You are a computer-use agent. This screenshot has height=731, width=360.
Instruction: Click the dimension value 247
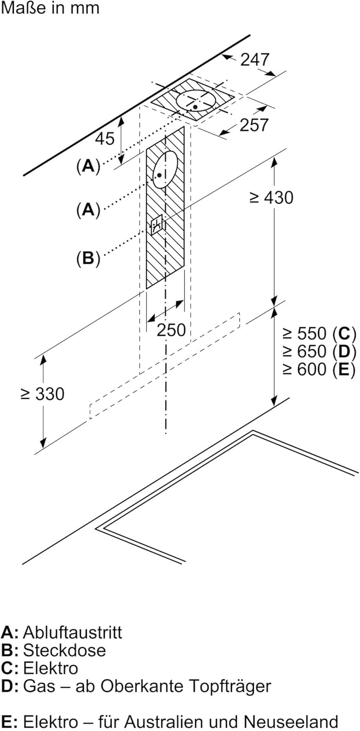255,59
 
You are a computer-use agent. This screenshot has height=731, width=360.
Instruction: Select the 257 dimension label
254,125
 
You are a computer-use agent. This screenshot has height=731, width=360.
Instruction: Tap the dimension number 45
104,138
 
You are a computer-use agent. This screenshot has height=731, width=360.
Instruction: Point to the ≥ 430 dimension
271,197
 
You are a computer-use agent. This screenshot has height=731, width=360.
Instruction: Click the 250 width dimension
171,330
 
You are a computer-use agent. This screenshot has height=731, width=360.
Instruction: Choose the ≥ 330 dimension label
42,394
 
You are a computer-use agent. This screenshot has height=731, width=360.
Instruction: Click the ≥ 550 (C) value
319,333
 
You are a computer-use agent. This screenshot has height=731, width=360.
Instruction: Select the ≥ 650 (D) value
319,351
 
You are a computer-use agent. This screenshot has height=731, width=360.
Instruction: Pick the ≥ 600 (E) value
319,369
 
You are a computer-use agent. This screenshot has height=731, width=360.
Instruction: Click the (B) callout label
88,258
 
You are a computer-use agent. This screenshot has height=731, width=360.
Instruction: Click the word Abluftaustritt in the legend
73,633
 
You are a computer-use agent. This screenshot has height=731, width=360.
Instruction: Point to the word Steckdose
64,650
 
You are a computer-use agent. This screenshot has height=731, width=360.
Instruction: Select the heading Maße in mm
50,8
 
